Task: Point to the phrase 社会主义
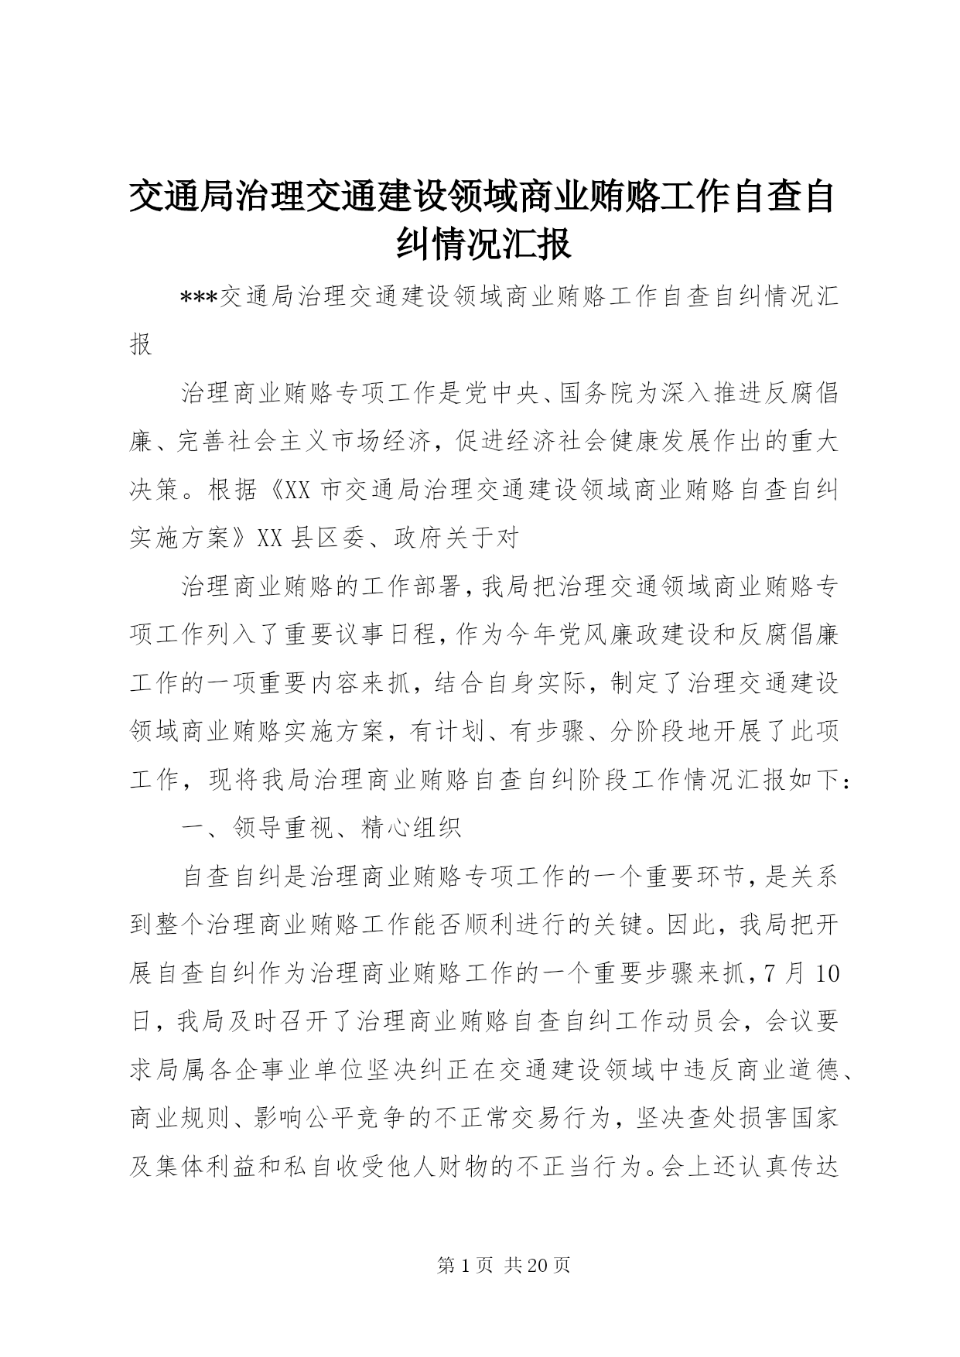click(270, 442)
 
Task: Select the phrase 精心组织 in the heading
click(411, 829)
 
